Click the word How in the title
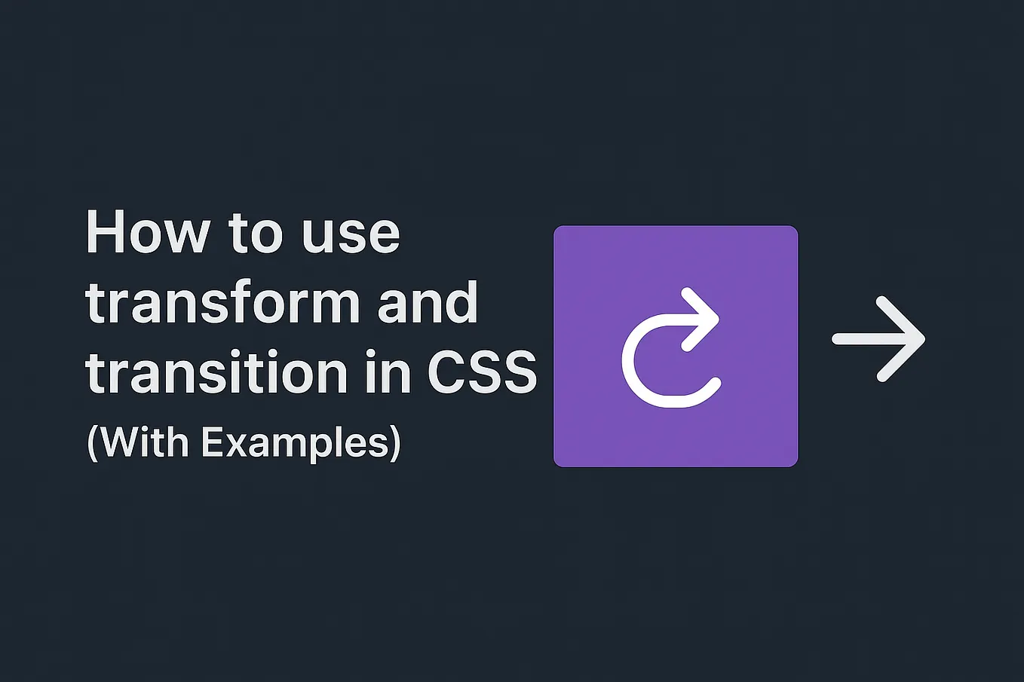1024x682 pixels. [x=148, y=232]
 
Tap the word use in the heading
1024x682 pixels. [x=351, y=234]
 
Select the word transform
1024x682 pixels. [x=223, y=303]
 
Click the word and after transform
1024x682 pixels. [x=428, y=303]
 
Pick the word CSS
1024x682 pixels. [x=482, y=372]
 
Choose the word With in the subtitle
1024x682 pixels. [x=146, y=442]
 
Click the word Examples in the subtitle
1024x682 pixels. [x=295, y=443]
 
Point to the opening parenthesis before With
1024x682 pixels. [x=92, y=443]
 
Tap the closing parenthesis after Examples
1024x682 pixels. [x=395, y=443]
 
